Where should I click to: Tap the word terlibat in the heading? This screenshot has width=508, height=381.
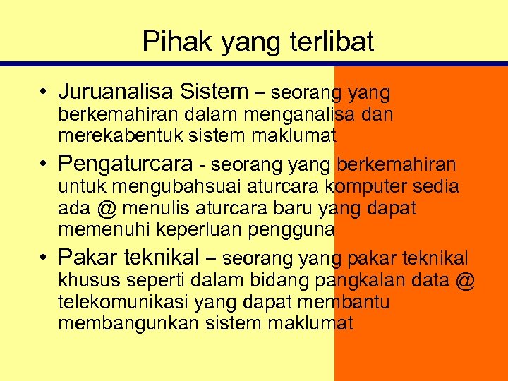pos(331,42)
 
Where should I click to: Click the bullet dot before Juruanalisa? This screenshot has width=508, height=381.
pos(44,92)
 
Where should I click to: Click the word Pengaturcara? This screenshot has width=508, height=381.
pos(126,164)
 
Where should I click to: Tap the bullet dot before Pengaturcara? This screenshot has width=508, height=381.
pos(44,164)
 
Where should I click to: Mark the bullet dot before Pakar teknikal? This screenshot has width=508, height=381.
pos(44,257)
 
